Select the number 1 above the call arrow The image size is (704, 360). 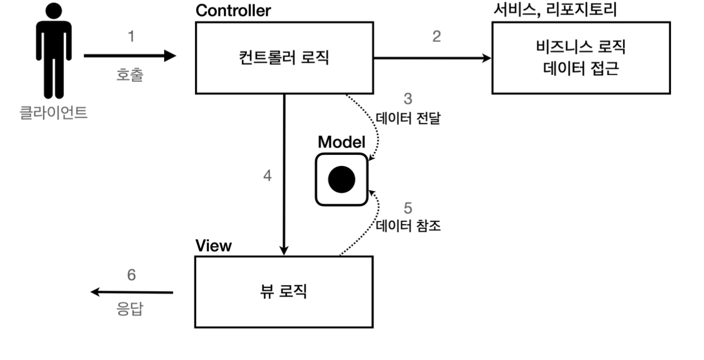coord(131,37)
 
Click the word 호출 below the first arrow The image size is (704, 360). coord(130,75)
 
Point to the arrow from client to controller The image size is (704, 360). coord(130,56)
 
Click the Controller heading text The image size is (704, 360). coord(233,11)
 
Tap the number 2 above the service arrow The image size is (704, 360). coord(436,37)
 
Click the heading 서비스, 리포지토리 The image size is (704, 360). coord(555,10)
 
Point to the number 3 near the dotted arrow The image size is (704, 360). coord(408,99)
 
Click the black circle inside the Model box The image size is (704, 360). coord(341,180)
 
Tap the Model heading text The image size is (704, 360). coord(341,142)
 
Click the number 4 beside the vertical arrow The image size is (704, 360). coord(268,176)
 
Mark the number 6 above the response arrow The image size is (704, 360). coord(131,275)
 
